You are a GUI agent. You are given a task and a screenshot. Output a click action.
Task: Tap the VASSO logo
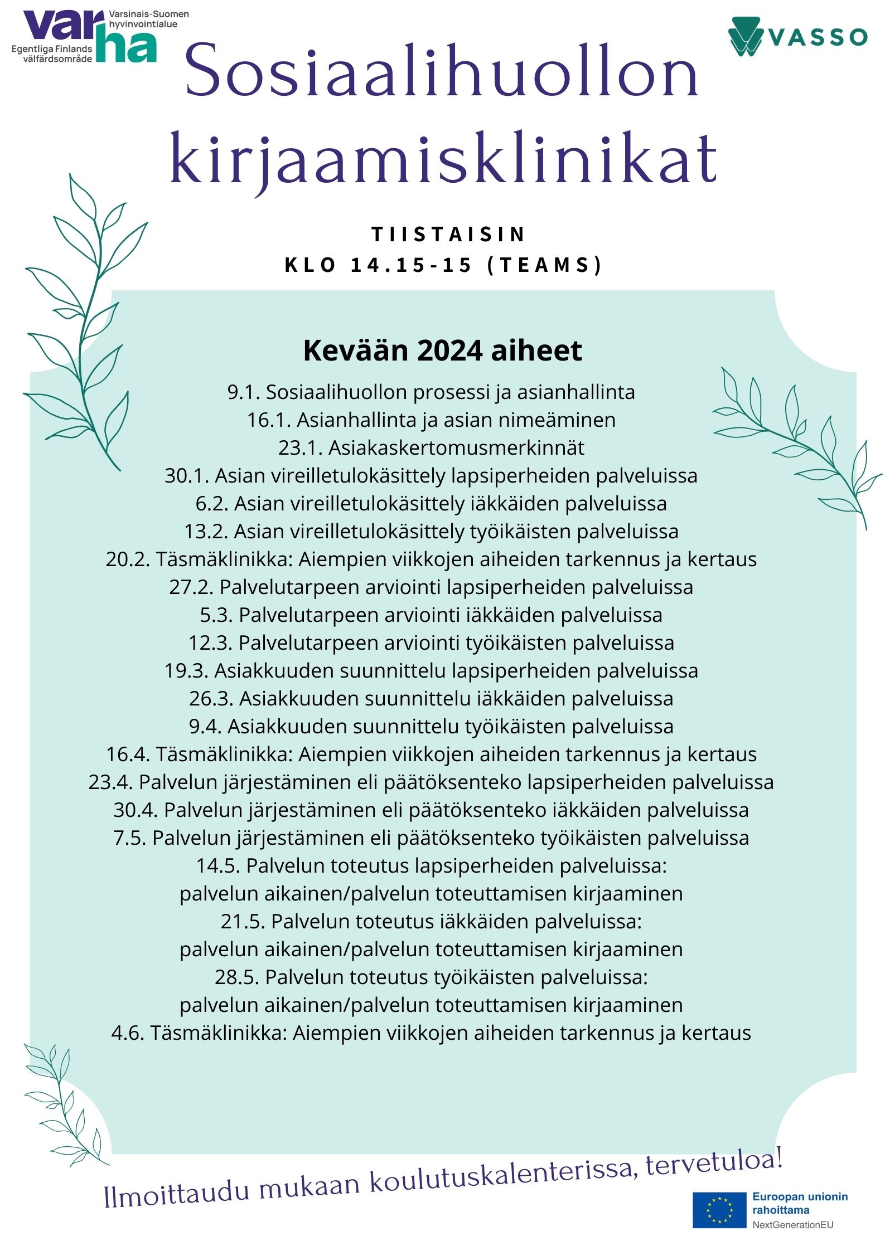[x=797, y=37]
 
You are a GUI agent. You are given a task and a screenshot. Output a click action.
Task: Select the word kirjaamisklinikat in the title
[x=443, y=159]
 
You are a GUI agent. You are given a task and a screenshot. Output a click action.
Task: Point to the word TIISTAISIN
[x=448, y=235]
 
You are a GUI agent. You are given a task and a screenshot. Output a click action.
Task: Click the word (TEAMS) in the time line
[x=544, y=265]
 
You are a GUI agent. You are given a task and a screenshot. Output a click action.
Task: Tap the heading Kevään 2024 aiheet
[x=442, y=351]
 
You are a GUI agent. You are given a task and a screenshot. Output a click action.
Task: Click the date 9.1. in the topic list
[x=243, y=392]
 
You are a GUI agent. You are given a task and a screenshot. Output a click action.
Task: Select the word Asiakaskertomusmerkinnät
[x=456, y=448]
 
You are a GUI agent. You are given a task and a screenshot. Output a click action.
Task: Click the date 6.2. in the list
[x=212, y=504]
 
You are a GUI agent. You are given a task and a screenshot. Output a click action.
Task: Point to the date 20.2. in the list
[x=128, y=559]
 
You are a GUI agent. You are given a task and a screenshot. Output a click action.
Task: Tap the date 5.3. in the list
[x=216, y=615]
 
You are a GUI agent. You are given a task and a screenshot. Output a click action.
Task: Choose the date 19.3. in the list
[x=186, y=671]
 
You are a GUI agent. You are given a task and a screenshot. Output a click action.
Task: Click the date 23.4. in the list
[x=110, y=782]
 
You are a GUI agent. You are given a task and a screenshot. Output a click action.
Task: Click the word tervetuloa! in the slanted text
[x=715, y=1161]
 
